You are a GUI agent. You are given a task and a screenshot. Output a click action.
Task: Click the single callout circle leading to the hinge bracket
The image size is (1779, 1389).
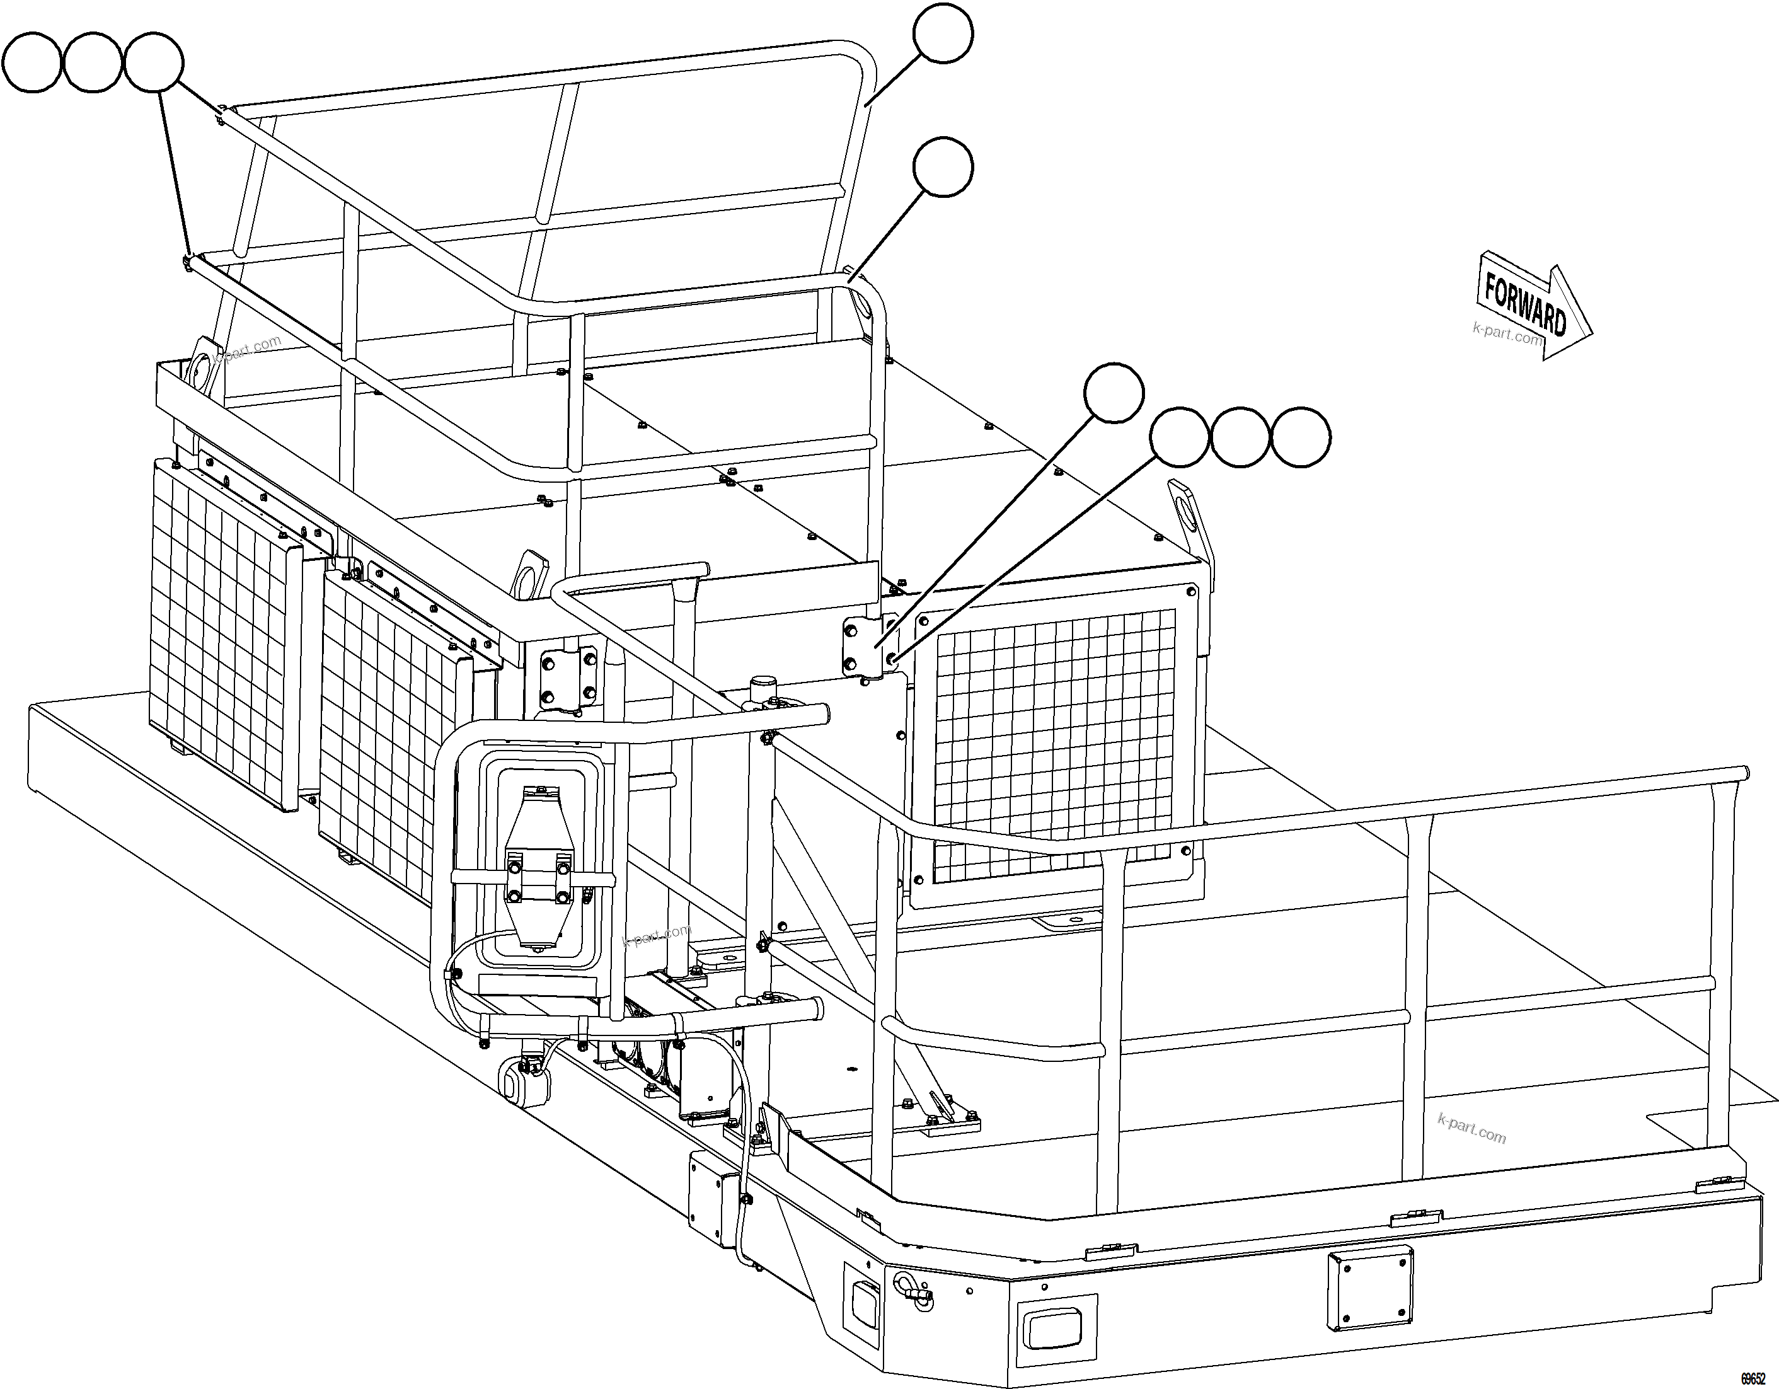pos(1114,393)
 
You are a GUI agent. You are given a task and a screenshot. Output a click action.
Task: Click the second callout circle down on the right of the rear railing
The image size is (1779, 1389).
pos(943,167)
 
